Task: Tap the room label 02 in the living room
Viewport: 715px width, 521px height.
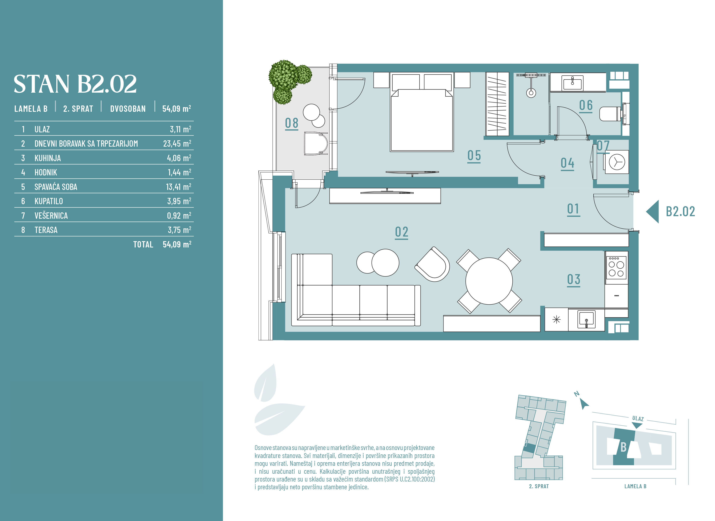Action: [x=401, y=232]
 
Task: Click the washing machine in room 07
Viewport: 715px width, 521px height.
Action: [x=617, y=162]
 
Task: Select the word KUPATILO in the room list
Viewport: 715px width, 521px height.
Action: [x=49, y=201]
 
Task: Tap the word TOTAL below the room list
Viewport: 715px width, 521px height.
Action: [x=143, y=244]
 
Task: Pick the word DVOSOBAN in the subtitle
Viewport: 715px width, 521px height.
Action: [x=128, y=109]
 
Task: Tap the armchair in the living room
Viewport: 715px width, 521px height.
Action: [x=432, y=264]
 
